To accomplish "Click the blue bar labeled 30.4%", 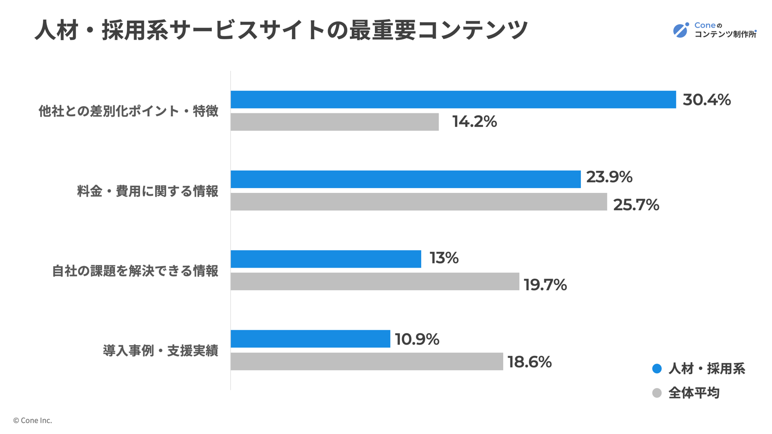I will [453, 99].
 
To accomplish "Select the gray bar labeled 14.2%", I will [334, 122].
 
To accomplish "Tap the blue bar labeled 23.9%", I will [405, 179].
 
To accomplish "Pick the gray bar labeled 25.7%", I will [418, 202].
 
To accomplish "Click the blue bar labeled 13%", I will [326, 259].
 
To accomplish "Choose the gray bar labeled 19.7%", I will [374, 282].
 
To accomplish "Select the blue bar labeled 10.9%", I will [310, 339].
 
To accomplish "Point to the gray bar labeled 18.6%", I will [367, 362].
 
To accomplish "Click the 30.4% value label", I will [706, 100].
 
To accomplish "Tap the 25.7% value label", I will [636, 205].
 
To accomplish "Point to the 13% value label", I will [444, 258].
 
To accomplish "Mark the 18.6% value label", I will [529, 362].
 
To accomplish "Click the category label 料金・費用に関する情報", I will [148, 191].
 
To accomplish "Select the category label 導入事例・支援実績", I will [161, 351].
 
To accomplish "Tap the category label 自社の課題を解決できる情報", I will [135, 271].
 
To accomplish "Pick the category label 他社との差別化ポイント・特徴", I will [128, 111].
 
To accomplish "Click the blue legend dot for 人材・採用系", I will [657, 369].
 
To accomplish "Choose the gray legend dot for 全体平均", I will [657, 393].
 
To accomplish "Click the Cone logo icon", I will [681, 30].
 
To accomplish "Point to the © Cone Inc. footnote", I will [32, 420].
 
